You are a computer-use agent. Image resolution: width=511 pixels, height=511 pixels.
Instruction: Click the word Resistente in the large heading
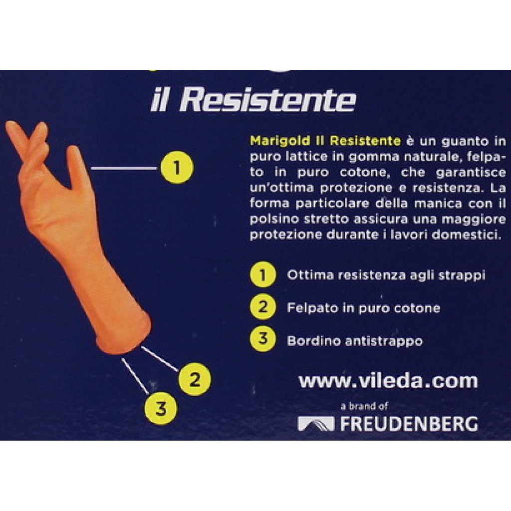coord(268,100)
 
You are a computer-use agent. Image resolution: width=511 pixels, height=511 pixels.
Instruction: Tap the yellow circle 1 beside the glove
coord(177,168)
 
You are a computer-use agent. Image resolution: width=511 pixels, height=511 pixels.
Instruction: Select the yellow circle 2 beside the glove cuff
coord(195,379)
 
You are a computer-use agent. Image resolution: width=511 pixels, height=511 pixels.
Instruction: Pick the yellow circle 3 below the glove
coord(161,408)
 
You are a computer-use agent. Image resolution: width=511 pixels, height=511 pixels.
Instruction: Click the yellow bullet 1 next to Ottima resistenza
coord(262,275)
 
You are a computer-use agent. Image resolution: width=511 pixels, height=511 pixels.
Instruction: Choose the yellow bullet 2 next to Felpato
coord(262,307)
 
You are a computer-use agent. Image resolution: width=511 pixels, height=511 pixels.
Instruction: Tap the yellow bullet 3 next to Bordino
coord(262,339)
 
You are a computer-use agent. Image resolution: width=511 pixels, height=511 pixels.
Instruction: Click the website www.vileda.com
coord(388,381)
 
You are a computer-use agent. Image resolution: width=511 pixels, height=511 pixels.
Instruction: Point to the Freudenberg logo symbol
coord(316,423)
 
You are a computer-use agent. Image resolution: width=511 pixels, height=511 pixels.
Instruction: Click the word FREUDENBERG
coord(409,424)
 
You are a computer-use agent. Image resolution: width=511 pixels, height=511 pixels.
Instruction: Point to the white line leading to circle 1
coord(124,168)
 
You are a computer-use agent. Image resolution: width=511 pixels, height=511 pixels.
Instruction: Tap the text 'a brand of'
coord(364,406)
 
